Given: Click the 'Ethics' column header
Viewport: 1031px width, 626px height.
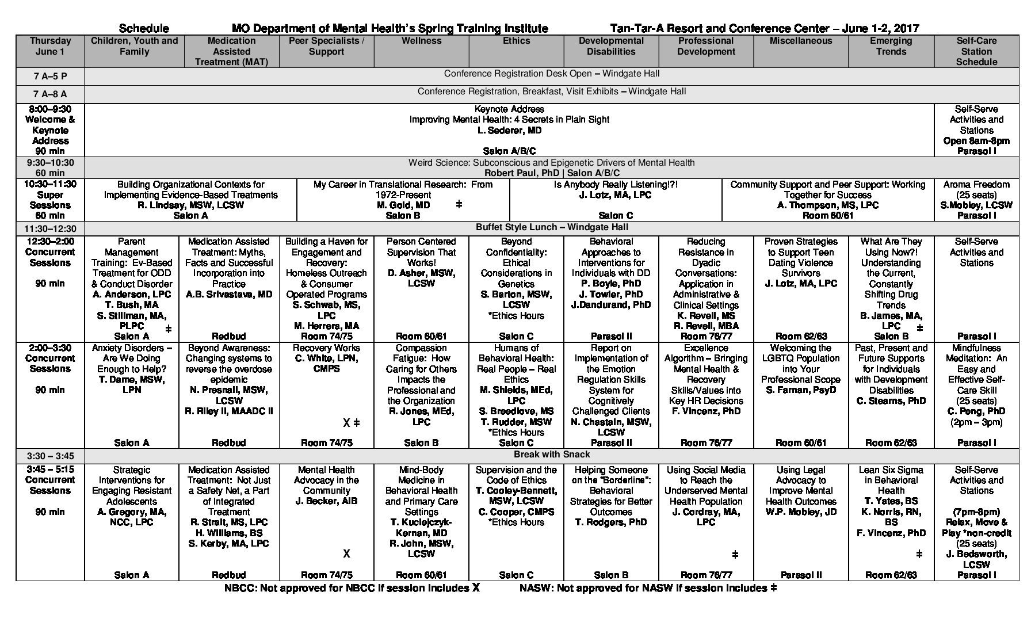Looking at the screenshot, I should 516,41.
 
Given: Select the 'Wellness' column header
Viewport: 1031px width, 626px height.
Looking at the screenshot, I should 421,41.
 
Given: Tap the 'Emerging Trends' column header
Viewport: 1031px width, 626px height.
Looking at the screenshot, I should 891,46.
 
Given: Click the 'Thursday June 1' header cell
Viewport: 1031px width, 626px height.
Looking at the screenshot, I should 50,46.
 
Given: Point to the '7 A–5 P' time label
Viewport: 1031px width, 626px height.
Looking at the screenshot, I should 50,76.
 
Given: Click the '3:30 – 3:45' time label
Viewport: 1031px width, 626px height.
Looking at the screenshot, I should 50,456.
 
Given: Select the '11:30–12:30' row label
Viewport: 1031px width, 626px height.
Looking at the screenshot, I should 50,228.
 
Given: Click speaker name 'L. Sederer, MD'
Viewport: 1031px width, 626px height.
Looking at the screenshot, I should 509,130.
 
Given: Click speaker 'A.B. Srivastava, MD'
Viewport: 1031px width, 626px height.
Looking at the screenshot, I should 229,295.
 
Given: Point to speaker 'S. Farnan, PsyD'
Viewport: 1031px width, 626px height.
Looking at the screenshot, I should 801,390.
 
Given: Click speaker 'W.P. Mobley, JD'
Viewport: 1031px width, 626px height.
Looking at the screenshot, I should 801,512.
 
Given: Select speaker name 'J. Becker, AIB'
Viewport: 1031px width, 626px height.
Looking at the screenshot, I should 326,501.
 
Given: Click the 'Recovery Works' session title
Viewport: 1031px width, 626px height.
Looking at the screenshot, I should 326,348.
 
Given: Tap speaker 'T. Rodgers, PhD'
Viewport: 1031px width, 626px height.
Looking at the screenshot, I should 611,522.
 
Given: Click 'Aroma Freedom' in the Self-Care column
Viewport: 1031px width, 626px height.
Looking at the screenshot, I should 976,185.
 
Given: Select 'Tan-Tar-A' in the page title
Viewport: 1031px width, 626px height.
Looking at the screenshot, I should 632,28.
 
